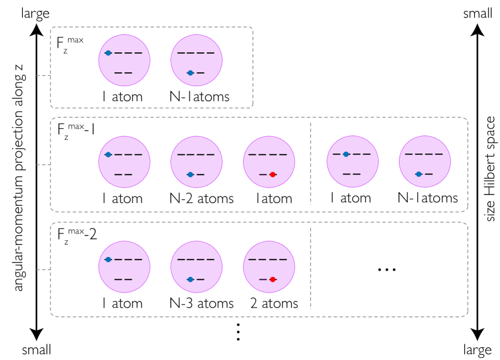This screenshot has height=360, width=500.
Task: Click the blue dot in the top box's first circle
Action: pos(108,53)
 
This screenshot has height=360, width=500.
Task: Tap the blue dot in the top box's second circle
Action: pos(190,73)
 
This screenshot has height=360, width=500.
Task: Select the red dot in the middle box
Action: pos(273,175)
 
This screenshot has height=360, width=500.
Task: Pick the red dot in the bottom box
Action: pos(273,279)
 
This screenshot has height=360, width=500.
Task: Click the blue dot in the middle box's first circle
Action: pos(108,155)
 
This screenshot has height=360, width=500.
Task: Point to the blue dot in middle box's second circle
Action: pos(190,175)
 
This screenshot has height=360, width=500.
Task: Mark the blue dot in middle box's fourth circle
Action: pos(346,154)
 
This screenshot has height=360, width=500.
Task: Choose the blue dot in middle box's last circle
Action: pos(419,174)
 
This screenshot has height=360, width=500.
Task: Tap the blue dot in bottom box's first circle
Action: pos(108,259)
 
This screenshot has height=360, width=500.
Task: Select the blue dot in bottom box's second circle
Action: pos(190,279)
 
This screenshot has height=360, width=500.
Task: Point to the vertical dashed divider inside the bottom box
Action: pos(310,268)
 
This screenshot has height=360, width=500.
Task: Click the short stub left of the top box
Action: pos(43,75)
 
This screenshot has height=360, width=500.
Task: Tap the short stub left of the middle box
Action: pos(43,164)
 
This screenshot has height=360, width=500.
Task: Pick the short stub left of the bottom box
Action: pos(43,270)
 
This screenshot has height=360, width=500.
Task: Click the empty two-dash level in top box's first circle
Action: pos(123,73)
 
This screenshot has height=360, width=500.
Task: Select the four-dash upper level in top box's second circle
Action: pos(196,53)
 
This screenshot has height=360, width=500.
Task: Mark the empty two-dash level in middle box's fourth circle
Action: pos(351,174)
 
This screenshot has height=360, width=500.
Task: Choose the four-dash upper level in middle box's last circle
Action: pos(424,154)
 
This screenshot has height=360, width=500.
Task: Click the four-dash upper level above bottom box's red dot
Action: pos(268,259)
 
